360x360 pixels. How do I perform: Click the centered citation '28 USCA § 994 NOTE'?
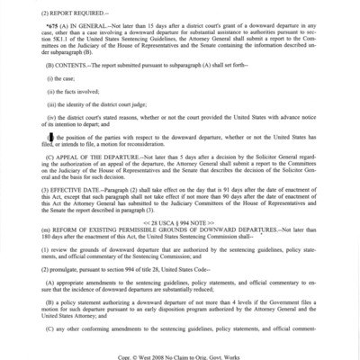click(x=180, y=220)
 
